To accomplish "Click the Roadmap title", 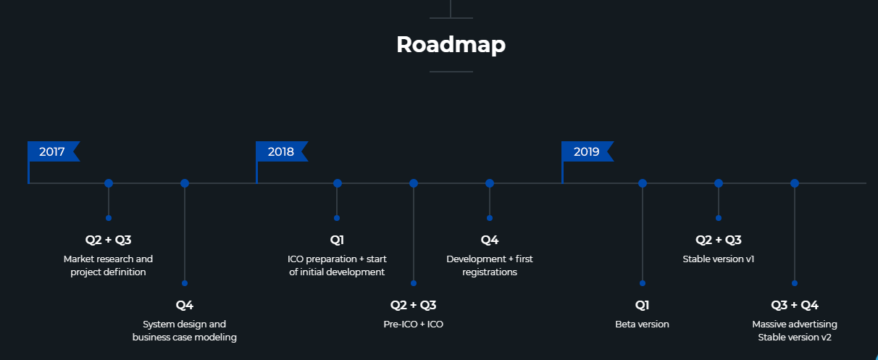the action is coord(451,45).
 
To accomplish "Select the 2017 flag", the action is coord(54,151).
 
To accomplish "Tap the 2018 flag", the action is coord(282,151).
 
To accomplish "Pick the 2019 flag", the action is coord(588,151).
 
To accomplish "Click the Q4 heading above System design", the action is coord(185,305).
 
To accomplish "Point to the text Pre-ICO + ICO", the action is coord(413,325).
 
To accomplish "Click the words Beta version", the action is coord(642,325).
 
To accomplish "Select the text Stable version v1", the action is coord(718,259).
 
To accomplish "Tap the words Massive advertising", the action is coord(795,325).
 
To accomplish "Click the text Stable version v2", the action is coord(795,338).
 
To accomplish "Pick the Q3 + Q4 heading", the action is coord(795,305).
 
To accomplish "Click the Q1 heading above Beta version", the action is coord(642,305).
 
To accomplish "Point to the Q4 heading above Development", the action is coord(490,240).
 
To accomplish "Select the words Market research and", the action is coord(108,259).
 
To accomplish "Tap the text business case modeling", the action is coord(185,338).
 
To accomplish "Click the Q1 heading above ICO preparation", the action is coord(337,240).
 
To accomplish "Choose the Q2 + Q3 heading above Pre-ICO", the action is coord(413,305).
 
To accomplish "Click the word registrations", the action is coord(490,272).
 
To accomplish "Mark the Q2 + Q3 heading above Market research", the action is coord(108,240).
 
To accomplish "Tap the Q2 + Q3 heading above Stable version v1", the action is coord(719,240).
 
